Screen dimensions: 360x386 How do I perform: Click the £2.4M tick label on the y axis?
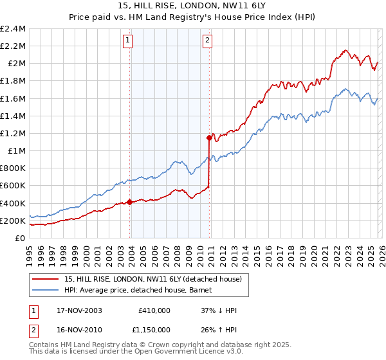pos(13,29)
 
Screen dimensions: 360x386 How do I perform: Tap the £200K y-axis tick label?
pos(13,221)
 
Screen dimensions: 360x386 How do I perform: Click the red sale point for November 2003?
pos(130,202)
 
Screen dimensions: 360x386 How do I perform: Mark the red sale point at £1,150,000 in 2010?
pos(210,138)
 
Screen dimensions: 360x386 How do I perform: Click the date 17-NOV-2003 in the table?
pos(76,310)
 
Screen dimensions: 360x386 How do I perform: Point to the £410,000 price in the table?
pos(154,310)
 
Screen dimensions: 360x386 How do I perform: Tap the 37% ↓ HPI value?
pos(219,310)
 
